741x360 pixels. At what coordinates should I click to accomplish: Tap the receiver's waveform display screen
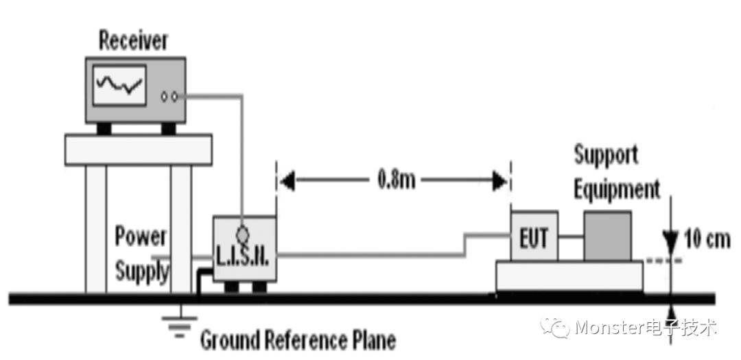119,85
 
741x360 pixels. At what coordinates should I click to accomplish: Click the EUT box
534,237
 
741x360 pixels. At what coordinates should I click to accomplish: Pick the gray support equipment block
607,236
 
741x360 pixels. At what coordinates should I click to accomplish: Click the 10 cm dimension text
707,239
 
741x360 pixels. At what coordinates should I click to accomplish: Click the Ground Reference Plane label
298,339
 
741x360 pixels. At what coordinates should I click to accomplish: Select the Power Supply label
141,253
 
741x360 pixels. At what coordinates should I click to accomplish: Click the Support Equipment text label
615,171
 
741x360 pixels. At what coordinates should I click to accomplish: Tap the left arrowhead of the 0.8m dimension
287,181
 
